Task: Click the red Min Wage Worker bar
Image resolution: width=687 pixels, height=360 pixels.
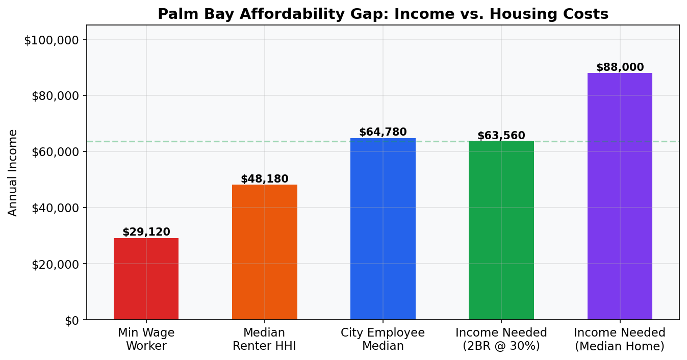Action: [146, 279]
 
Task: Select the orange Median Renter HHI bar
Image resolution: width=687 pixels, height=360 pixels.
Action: [264, 252]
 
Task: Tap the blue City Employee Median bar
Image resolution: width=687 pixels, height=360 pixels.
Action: [383, 229]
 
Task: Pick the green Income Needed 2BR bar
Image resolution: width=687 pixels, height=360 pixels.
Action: [501, 230]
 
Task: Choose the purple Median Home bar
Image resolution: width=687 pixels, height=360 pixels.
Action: [620, 196]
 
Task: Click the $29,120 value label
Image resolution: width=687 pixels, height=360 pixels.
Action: [146, 233]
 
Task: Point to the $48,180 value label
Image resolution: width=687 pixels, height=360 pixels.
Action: [264, 179]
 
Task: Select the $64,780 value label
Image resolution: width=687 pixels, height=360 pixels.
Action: [383, 133]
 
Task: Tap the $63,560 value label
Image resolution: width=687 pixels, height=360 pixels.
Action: [501, 136]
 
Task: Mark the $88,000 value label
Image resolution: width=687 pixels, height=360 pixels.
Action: [620, 67]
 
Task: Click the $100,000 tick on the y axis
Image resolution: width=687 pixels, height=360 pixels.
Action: [51, 40]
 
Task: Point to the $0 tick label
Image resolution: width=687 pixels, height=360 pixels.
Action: [71, 320]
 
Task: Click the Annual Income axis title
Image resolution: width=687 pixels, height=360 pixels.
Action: [13, 172]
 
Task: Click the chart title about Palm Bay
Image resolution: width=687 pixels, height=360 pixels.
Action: [383, 14]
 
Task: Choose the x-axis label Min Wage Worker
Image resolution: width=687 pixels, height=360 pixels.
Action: [146, 339]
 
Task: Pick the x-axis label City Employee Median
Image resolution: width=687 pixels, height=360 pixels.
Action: [383, 339]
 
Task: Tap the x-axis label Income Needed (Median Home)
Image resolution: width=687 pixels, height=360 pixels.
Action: [620, 339]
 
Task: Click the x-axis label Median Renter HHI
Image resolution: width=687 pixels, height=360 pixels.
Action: [264, 339]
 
